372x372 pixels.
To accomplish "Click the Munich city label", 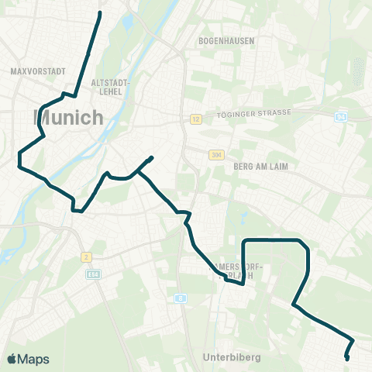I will [69, 118].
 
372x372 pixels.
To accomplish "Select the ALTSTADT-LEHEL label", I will [111, 86].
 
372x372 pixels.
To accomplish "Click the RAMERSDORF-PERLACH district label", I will [237, 271].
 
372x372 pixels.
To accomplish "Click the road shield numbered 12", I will [197, 119].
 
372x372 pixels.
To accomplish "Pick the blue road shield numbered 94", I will [341, 117].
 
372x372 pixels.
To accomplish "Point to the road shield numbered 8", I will [180, 298].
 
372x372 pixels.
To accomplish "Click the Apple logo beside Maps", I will [12, 359].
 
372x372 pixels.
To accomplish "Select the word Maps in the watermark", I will [33, 359].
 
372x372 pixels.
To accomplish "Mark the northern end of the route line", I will [101, 13].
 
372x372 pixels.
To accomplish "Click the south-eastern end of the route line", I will [346, 358].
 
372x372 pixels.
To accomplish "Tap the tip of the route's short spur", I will [152, 158].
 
